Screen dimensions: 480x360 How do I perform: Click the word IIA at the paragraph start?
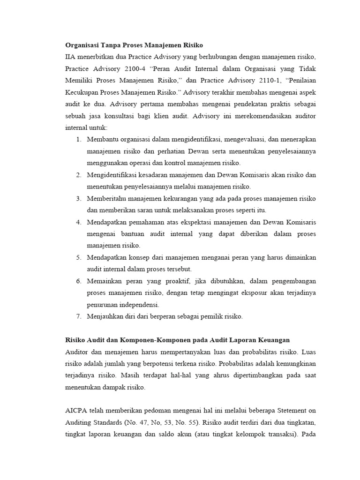[70, 57]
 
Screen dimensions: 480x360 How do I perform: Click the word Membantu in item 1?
[103, 139]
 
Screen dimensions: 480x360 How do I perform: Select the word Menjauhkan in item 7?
[105, 316]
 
